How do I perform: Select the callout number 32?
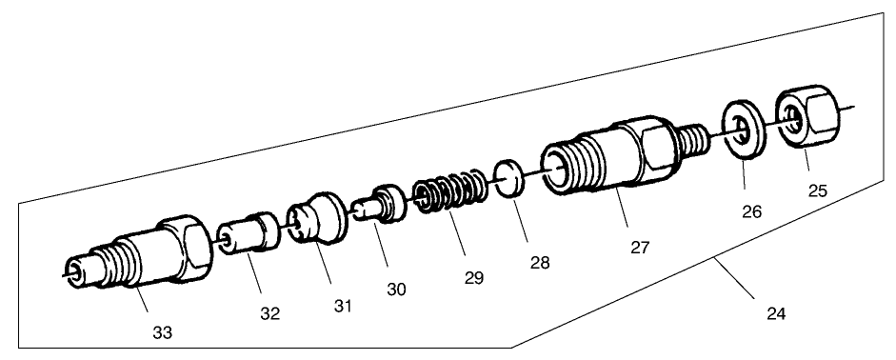[270, 313]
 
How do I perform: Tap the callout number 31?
[343, 306]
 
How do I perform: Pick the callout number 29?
[473, 278]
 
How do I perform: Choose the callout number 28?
[539, 261]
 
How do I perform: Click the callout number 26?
[752, 213]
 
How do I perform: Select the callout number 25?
[816, 190]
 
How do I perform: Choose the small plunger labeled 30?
[380, 204]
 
